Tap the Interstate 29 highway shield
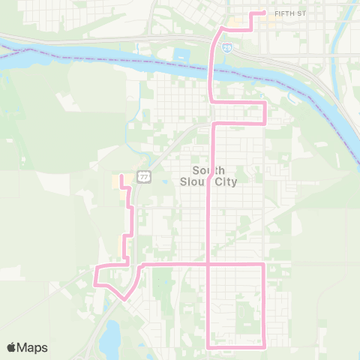click(226, 47)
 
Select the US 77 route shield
click(144, 176)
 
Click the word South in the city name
click(208, 170)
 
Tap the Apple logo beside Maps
click(12, 347)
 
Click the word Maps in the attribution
click(32, 347)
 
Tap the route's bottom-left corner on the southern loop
click(208, 346)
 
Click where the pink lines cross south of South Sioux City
click(208, 265)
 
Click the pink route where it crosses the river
click(210, 71)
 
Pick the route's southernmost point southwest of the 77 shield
click(124, 298)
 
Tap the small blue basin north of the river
click(180, 55)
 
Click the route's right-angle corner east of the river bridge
click(265, 102)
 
